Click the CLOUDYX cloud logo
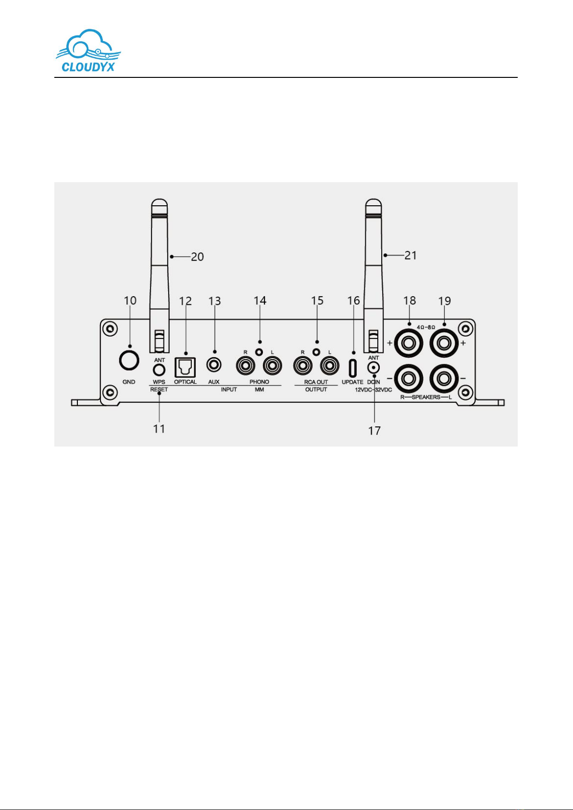pos(88,50)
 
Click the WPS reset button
pos(159,370)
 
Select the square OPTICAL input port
pos(185,367)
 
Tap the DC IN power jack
pos(374,369)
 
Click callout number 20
pos(198,257)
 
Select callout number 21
pos(411,255)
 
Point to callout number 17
pos(374,431)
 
